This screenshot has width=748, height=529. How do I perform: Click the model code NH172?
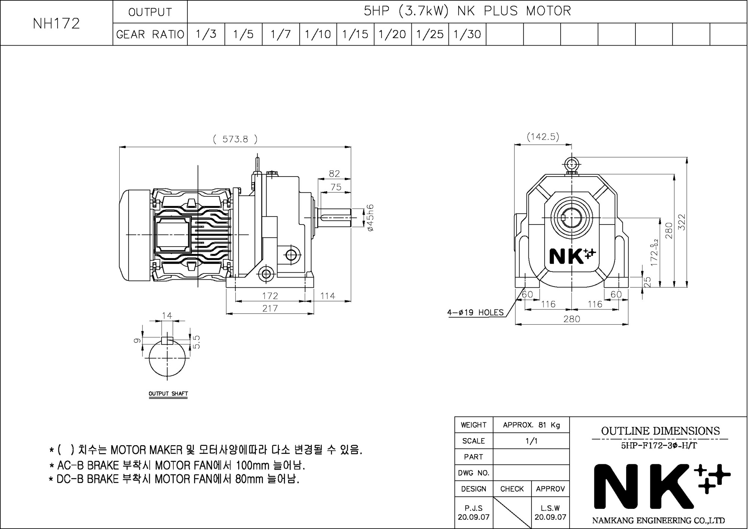56,24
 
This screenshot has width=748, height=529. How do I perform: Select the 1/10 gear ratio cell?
318,34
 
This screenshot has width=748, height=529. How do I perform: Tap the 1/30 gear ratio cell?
467,34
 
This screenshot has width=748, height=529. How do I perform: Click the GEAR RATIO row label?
150,34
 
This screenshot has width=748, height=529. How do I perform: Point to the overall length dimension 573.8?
235,139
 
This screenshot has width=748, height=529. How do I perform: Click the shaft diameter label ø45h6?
370,218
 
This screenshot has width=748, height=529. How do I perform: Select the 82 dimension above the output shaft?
334,174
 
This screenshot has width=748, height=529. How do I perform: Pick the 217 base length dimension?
270,308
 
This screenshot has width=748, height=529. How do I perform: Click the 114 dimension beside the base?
328,296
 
